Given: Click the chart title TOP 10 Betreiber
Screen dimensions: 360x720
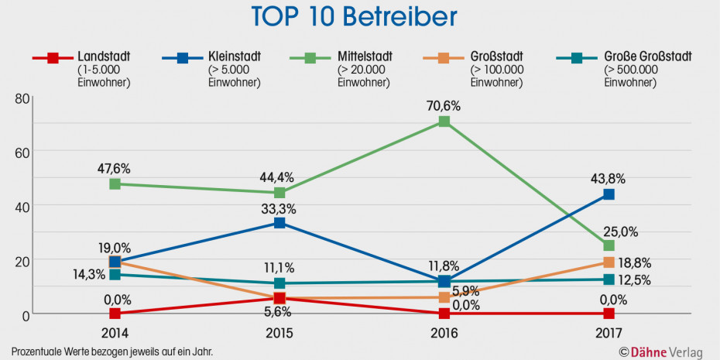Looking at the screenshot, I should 354,17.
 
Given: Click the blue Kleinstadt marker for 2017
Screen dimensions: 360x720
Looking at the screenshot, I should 609,194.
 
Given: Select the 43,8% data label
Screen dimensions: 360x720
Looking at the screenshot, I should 609,178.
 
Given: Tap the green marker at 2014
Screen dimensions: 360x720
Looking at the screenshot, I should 115,184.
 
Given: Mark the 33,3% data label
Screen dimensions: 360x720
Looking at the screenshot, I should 279,208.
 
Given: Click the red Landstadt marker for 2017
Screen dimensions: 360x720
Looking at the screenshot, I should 609,314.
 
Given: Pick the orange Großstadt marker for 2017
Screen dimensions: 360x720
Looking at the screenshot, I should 609,262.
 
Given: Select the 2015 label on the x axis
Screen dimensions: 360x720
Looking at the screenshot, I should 279,333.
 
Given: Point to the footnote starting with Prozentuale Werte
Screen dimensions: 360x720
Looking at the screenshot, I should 112,351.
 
